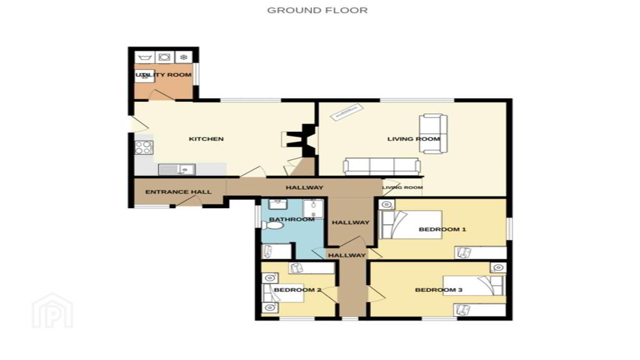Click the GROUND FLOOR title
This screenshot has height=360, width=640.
(x=317, y=10)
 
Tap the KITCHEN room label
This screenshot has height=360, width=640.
(x=206, y=139)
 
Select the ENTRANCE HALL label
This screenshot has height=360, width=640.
(x=178, y=192)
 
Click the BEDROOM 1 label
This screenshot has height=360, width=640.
(x=442, y=229)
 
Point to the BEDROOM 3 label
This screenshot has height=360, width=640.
(x=438, y=290)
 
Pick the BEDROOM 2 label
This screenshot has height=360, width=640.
(x=297, y=290)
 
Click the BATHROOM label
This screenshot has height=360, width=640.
(x=292, y=219)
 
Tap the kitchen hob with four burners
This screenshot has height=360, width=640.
(x=144, y=147)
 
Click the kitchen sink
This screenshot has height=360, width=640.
(x=177, y=169)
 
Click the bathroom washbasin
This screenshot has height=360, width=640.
(x=277, y=204)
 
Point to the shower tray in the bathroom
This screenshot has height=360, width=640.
(x=313, y=209)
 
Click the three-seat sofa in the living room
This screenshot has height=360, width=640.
(x=382, y=166)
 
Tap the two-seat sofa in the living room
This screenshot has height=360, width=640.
(x=433, y=134)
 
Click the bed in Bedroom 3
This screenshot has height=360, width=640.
(x=474, y=286)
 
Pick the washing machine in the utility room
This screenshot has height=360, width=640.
(x=164, y=57)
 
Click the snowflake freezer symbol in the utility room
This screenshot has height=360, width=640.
(x=184, y=57)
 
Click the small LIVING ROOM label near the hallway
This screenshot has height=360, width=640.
(x=402, y=187)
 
